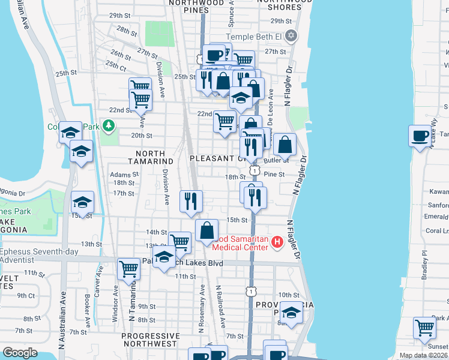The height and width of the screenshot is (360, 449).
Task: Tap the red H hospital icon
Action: [277, 242]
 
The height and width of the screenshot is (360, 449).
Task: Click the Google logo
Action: [20, 353]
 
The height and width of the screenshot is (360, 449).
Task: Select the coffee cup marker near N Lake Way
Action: [420, 135]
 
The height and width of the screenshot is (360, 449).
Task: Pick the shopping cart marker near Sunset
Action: [424, 328]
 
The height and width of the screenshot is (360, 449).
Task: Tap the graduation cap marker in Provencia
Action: [291, 313]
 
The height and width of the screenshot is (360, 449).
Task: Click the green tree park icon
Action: [109, 126]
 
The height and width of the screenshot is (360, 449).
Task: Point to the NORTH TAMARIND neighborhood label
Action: [151, 161]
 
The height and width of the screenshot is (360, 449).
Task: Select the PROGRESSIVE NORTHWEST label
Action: [150, 340]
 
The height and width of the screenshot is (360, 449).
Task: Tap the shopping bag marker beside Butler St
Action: [286, 145]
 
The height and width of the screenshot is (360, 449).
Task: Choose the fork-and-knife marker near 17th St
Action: [191, 200]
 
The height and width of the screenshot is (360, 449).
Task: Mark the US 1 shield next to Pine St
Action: [256, 172]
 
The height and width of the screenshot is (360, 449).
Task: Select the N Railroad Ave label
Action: [220, 306]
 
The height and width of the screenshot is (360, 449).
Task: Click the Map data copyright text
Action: [423, 355]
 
